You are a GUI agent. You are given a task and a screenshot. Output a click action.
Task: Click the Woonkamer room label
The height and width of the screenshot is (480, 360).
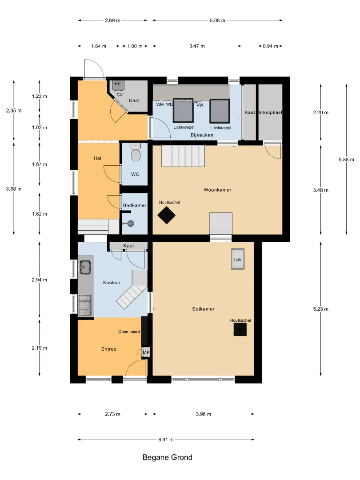217,190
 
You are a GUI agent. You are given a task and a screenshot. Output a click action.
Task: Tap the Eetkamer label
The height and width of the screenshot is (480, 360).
203,309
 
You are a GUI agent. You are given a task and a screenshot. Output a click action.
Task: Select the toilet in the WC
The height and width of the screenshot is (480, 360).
135,152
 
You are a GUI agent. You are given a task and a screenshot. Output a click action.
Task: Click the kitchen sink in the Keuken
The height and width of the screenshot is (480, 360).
85,267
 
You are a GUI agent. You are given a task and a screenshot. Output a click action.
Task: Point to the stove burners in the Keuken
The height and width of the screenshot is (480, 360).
85,305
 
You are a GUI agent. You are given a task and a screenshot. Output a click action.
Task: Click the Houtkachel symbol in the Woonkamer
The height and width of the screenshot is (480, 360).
167,215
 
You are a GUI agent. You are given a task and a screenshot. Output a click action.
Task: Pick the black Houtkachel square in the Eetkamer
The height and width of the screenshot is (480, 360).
240,330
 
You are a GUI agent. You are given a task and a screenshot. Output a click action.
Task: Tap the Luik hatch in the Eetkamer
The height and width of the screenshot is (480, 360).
237,259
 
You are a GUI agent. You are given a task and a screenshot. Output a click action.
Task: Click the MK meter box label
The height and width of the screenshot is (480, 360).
146,352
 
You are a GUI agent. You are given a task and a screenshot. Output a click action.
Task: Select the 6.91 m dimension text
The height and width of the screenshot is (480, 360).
166,440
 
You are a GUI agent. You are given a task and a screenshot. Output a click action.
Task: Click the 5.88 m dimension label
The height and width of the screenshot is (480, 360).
346,160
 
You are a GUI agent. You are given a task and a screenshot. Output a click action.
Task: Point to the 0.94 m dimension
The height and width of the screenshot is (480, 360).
270,46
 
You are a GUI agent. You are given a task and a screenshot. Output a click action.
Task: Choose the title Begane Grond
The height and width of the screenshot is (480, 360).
168,457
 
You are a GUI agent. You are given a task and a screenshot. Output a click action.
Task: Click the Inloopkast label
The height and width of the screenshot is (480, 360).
271,112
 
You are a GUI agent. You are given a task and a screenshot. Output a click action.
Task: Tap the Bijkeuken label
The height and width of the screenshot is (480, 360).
202,135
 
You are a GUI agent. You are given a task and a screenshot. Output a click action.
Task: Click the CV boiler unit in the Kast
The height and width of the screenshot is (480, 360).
117,85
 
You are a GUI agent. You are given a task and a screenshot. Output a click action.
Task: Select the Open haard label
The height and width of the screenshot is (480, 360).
129,332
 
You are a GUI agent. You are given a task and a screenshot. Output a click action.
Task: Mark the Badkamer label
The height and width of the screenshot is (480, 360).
135,205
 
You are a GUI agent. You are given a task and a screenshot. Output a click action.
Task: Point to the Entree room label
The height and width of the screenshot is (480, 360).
109,349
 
